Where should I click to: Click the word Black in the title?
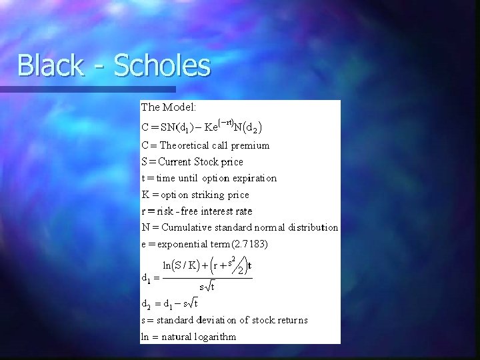point(50,66)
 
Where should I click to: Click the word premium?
point(251,145)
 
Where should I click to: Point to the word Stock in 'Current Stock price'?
point(209,162)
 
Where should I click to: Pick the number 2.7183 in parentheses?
point(250,244)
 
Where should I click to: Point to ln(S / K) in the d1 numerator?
point(183,265)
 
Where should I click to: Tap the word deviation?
point(236,320)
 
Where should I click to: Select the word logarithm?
point(214,337)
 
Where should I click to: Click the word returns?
point(291,320)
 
